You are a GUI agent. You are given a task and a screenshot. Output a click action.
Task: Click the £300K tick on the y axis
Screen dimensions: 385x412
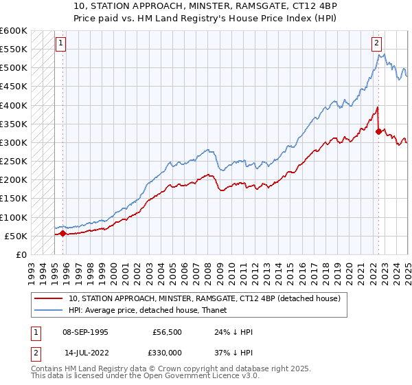coord(14,142)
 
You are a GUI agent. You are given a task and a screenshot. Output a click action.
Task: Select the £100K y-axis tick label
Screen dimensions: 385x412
coord(14,217)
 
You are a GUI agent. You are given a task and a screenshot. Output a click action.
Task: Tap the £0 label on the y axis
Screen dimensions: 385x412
coord(21,254)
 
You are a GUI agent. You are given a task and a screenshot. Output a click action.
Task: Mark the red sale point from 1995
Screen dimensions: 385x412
coord(63,234)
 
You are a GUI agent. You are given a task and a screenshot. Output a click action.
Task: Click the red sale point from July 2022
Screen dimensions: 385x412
coord(378,131)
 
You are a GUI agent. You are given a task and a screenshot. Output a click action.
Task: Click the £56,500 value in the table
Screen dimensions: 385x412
coord(166,332)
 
